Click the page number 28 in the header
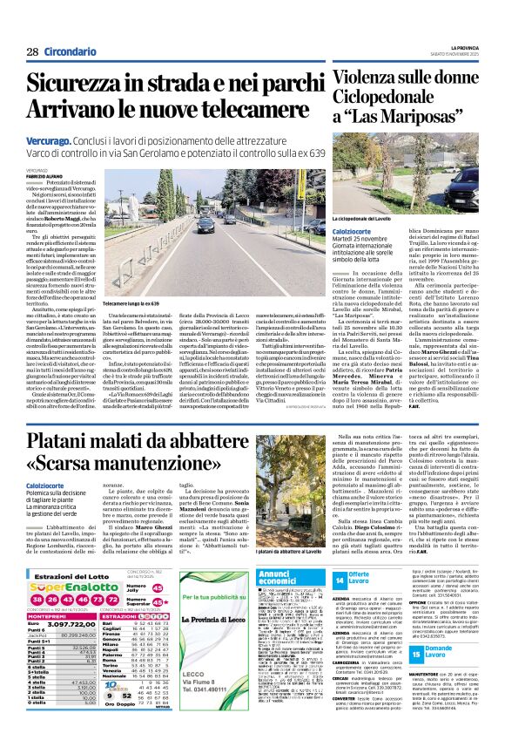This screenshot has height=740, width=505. (32, 51)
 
